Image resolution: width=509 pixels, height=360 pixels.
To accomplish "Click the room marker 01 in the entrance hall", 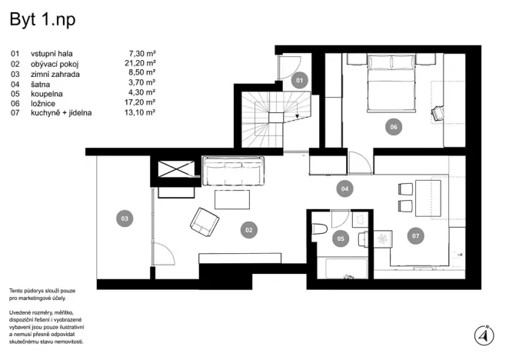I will [x=301, y=78].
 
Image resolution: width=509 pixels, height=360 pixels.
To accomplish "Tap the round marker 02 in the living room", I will [x=248, y=228].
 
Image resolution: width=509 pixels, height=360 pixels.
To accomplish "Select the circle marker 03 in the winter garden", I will [x=124, y=219].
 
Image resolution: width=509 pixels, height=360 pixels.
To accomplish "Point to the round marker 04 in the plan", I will [x=345, y=187].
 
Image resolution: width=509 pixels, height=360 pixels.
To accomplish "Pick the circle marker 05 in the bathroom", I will [x=340, y=239].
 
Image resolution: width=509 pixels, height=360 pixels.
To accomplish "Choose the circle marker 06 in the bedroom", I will [x=393, y=127].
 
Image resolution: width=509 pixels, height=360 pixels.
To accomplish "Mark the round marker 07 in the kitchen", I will [x=416, y=236].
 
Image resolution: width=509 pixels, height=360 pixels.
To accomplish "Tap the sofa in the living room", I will [x=233, y=170].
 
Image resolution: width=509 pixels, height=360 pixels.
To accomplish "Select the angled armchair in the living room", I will [x=205, y=222].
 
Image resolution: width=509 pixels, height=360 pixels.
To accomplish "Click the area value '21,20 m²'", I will [x=142, y=64].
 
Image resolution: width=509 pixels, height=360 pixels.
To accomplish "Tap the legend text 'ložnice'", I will [x=43, y=102].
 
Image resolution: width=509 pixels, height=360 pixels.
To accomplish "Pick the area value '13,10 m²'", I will [x=142, y=112].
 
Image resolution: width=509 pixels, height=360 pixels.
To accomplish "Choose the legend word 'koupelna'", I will [x=48, y=93].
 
